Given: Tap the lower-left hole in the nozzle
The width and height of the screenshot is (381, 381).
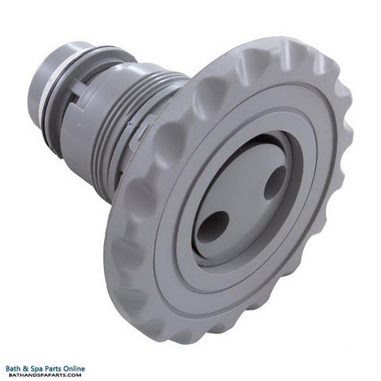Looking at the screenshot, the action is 213,226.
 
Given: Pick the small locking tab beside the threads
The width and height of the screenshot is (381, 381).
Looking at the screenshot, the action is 137,129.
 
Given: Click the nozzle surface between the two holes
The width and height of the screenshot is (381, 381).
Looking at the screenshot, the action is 244,205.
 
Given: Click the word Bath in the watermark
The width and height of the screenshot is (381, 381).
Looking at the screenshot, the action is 14,368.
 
